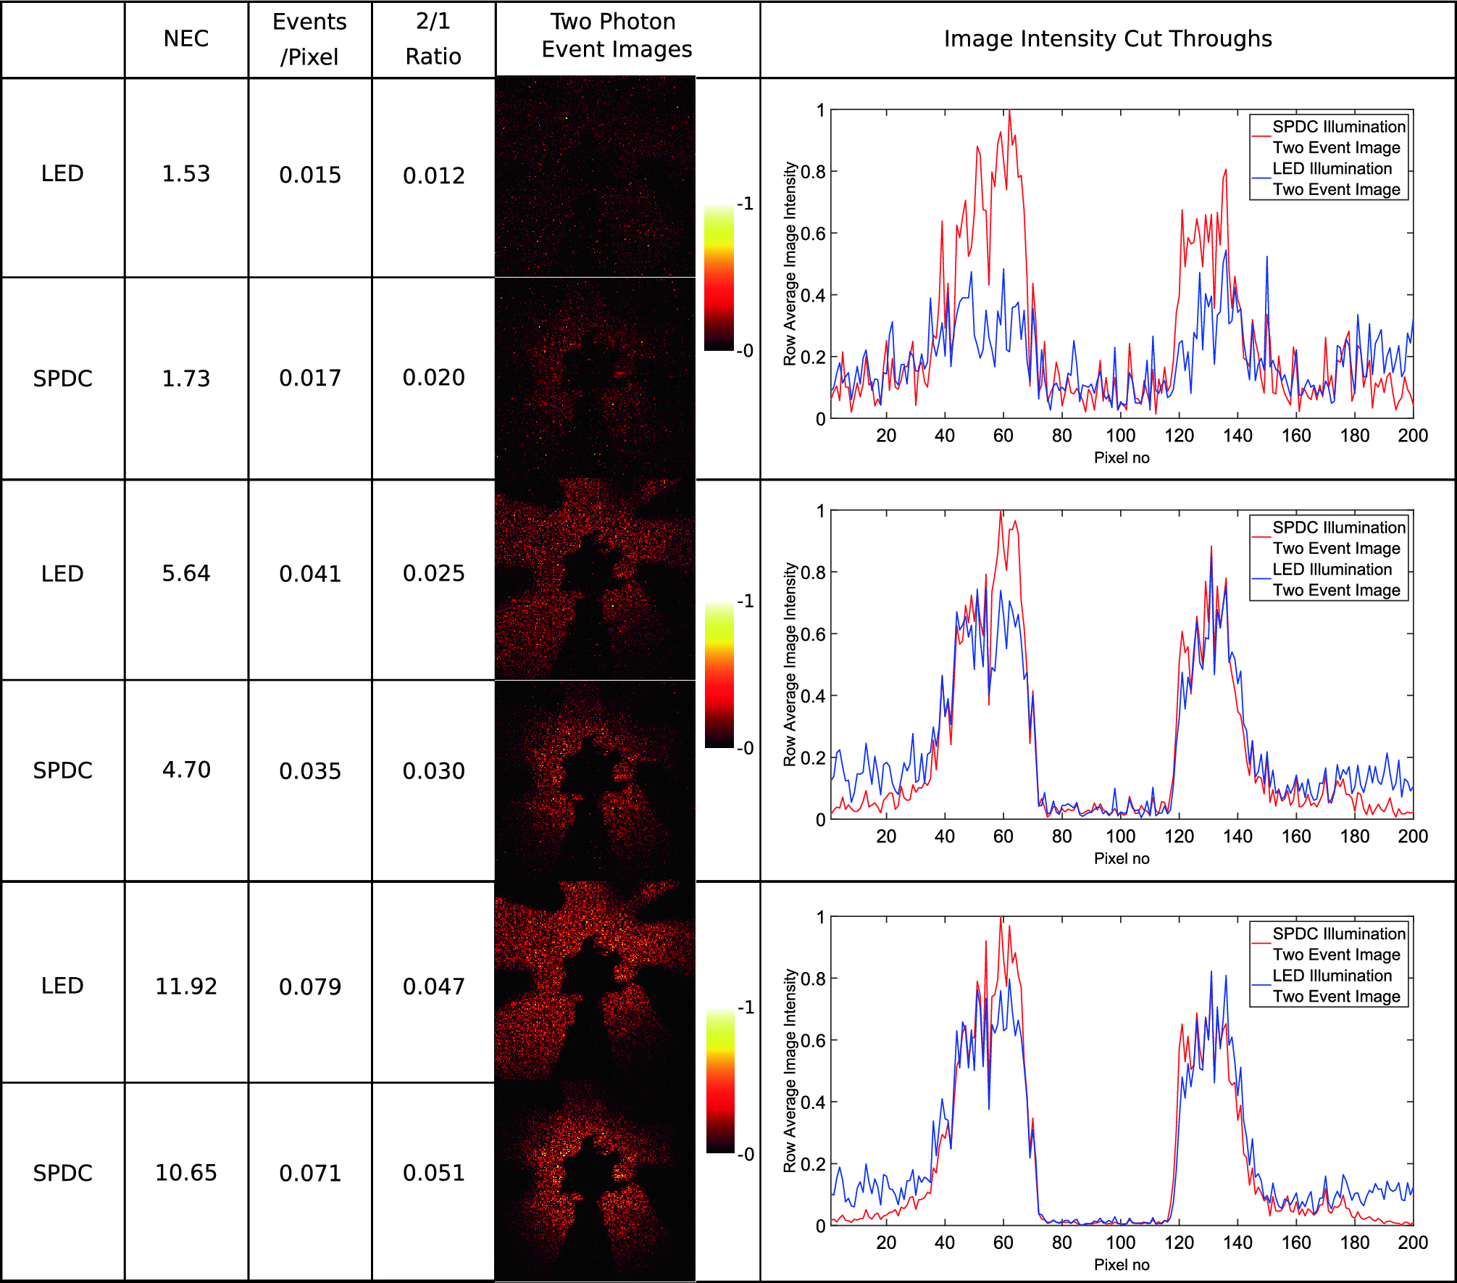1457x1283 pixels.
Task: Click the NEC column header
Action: click(186, 38)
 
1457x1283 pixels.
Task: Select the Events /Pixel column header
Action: click(309, 39)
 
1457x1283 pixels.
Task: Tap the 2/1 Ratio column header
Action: click(433, 39)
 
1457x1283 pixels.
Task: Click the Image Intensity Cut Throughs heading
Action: click(1108, 38)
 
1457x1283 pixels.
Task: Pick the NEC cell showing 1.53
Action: click(186, 174)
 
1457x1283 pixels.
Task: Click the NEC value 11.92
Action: click(186, 986)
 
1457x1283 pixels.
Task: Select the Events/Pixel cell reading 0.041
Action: click(310, 574)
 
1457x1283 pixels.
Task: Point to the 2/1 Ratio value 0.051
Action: click(434, 1173)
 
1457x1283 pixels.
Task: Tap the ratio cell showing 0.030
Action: click(434, 771)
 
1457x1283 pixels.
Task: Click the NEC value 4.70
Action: click(186, 770)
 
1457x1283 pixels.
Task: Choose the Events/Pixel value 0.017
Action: click(310, 378)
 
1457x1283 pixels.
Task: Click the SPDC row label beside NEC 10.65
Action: click(63, 1173)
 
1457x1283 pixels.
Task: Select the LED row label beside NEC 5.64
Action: click(63, 574)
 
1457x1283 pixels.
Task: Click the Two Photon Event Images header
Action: click(616, 36)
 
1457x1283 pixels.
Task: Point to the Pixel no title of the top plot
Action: click(1122, 457)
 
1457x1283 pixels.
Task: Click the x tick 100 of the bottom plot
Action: click(1120, 1242)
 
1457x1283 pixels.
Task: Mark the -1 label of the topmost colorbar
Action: click(746, 204)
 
